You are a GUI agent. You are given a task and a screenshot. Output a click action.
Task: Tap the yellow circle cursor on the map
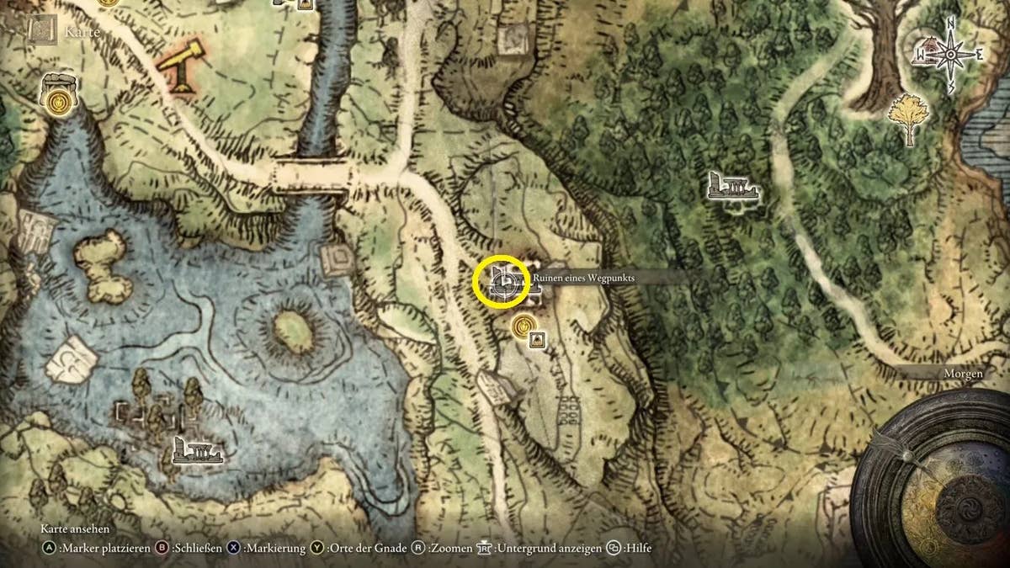(x=502, y=281)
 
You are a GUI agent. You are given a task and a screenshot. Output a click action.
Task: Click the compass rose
(x=950, y=54)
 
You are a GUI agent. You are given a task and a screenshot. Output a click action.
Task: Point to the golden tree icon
(x=909, y=116)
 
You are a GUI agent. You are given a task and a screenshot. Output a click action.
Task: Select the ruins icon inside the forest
(x=732, y=187)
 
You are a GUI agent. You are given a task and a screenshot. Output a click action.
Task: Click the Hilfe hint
(x=636, y=549)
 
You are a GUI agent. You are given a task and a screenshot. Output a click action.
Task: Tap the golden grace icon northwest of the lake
(x=57, y=101)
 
